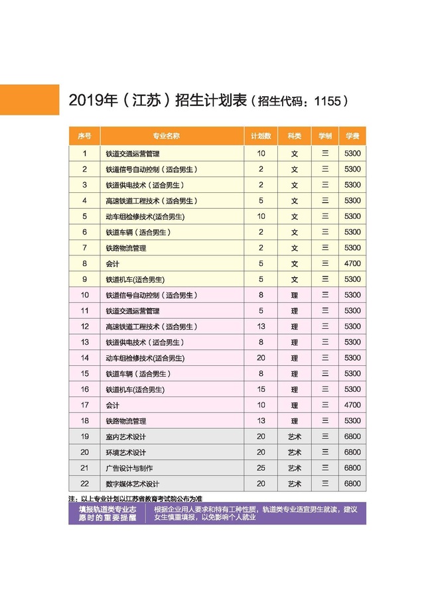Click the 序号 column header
(x=84, y=136)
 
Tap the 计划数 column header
(x=261, y=136)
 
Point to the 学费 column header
(x=352, y=136)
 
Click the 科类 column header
(x=295, y=136)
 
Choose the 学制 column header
(x=325, y=136)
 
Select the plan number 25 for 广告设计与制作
(x=261, y=468)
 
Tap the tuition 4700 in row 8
(x=352, y=264)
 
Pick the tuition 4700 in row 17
(x=352, y=405)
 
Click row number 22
(x=84, y=484)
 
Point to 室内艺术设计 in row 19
(x=126, y=437)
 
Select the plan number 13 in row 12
(x=261, y=326)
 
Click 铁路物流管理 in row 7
(x=126, y=248)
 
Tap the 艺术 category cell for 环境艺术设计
(x=295, y=452)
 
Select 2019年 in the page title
(x=90, y=101)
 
